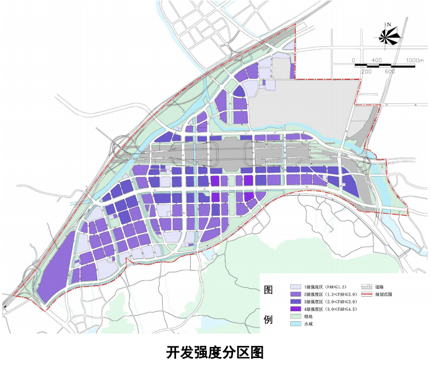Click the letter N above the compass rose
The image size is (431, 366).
click(390, 24)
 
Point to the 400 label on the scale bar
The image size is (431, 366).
click(376, 60)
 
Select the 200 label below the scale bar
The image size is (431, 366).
click(367, 72)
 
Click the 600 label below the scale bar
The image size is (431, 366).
click(390, 72)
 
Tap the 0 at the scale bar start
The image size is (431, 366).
click(353, 60)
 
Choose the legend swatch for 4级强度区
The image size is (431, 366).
click(295, 309)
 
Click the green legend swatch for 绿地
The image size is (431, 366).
click(295, 316)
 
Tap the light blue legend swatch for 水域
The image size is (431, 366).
click(295, 324)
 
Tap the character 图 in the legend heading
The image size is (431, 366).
click(268, 291)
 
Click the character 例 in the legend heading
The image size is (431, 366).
click(268, 320)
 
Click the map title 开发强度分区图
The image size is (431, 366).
click(215, 352)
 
